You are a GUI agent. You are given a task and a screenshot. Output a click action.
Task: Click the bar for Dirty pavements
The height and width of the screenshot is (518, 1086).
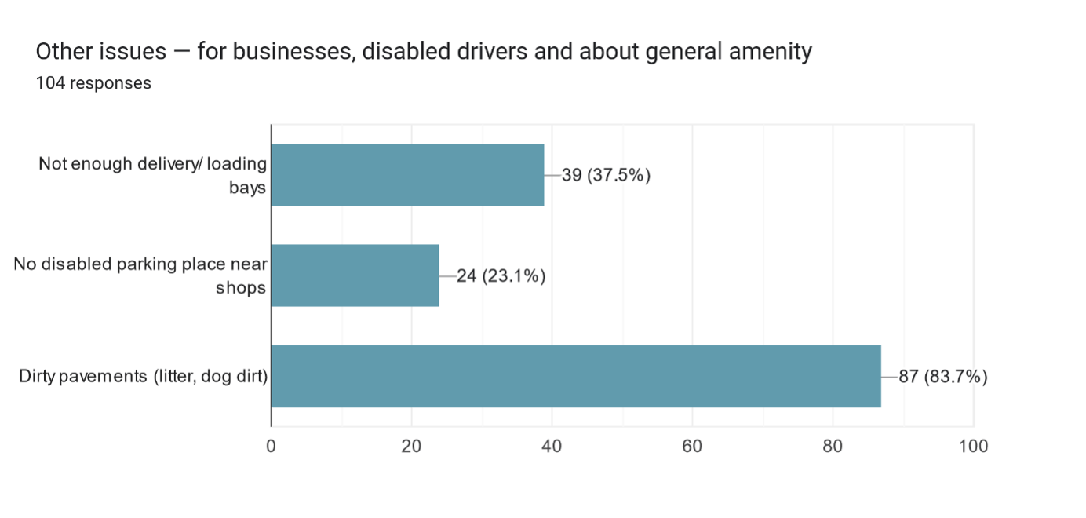(576, 376)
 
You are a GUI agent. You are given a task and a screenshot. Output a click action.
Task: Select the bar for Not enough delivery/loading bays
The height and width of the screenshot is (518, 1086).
(407, 175)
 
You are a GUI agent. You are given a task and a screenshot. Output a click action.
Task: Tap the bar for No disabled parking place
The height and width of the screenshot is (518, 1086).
(355, 275)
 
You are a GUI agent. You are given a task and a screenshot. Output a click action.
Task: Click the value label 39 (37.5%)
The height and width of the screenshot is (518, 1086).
(606, 175)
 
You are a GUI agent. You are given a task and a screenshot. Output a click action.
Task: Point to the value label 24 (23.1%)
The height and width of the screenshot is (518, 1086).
(501, 275)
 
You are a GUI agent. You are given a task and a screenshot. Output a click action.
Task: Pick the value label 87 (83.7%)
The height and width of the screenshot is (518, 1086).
(943, 377)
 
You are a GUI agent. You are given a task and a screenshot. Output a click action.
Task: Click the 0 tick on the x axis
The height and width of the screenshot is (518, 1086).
(271, 447)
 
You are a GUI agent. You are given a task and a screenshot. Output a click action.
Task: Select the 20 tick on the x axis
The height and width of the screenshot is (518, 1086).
(411, 447)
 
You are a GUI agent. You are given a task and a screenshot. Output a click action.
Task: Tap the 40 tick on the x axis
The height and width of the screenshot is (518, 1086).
(552, 447)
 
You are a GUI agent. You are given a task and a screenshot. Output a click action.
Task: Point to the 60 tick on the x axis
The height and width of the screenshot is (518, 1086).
(692, 447)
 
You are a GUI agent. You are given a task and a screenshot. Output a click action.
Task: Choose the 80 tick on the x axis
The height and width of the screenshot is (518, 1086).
(833, 447)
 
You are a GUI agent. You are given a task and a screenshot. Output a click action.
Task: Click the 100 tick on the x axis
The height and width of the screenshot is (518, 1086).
(973, 447)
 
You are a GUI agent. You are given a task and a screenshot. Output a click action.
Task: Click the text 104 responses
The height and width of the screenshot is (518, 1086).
(93, 82)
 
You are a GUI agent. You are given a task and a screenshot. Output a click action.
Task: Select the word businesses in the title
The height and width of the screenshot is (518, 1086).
(286, 53)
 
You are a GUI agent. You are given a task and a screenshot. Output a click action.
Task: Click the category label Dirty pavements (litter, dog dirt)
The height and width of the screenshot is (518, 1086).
(144, 377)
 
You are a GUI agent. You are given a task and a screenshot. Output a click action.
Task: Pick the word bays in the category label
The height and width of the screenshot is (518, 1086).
(247, 188)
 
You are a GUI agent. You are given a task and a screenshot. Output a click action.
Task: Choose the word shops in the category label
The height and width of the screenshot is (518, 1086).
(241, 288)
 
